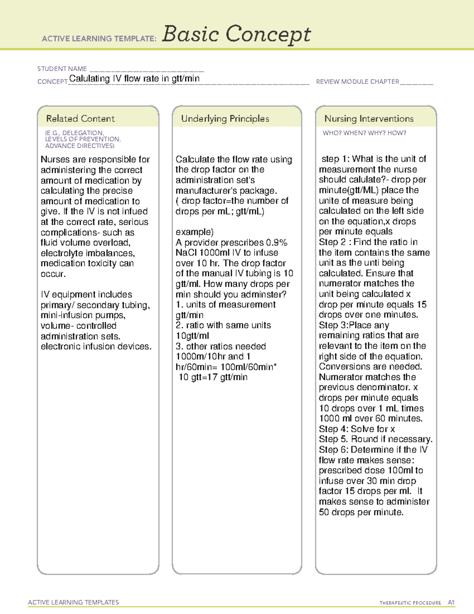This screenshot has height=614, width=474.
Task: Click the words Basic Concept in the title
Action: [x=236, y=34]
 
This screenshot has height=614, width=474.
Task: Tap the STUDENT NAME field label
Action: [x=62, y=69]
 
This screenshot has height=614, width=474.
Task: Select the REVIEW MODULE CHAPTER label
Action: [x=357, y=81]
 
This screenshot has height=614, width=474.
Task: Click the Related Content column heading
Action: [x=80, y=119]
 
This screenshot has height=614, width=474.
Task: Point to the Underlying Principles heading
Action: [x=225, y=119]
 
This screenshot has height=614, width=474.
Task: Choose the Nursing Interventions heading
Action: [x=369, y=119]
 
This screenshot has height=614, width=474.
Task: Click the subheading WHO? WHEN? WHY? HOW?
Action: [x=364, y=133]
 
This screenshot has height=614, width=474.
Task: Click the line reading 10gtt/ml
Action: [x=192, y=336]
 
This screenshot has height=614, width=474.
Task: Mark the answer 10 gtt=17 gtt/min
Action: [x=213, y=377]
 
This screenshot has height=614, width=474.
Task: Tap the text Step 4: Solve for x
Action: [x=357, y=429]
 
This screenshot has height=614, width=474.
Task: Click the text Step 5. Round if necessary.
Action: [x=375, y=439]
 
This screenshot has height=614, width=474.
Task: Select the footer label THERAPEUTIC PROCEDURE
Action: [x=410, y=603]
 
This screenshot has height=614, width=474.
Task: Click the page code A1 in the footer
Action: [x=451, y=603]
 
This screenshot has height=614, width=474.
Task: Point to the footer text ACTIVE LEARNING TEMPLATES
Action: [x=73, y=602]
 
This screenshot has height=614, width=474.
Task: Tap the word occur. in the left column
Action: [x=53, y=274]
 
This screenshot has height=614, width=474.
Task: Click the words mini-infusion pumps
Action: [x=83, y=316]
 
